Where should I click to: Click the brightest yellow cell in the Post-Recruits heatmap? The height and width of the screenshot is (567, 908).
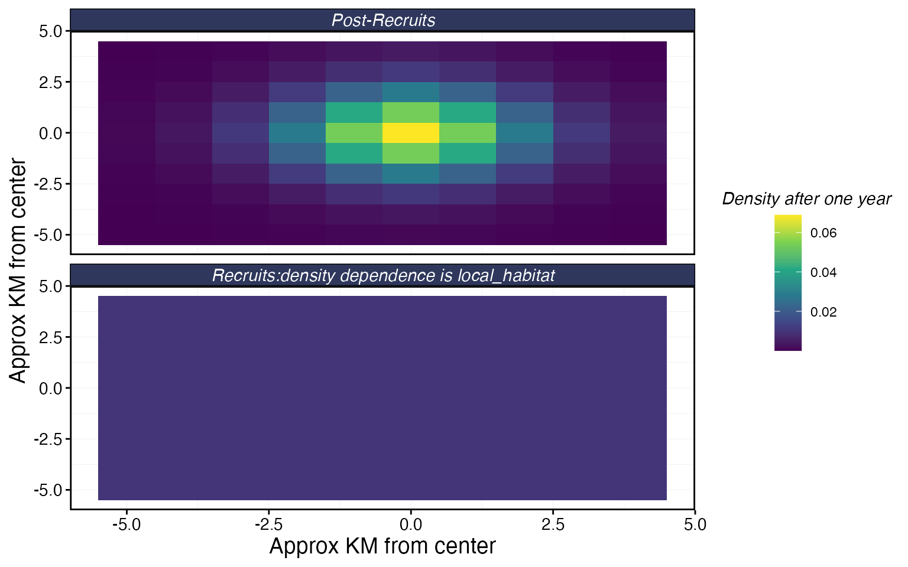pyautogui.click(x=411, y=133)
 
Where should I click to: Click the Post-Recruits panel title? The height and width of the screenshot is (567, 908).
pyautogui.click(x=383, y=21)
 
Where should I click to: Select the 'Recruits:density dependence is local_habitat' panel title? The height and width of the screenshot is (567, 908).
pyautogui.click(x=383, y=276)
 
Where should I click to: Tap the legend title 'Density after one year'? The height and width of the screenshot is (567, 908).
pyautogui.click(x=806, y=199)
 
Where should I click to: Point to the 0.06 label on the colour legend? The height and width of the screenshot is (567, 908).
pyautogui.click(x=823, y=233)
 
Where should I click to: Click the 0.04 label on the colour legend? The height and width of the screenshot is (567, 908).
pyautogui.click(x=823, y=273)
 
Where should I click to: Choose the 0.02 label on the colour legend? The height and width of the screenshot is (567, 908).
pyautogui.click(x=823, y=312)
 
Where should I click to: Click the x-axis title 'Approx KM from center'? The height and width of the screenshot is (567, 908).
pyautogui.click(x=382, y=546)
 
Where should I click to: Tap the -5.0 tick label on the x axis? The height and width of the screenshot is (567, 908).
pyautogui.click(x=127, y=524)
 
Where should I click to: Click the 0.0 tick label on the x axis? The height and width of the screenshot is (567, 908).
pyautogui.click(x=411, y=524)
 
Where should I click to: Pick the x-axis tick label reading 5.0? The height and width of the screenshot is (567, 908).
pyautogui.click(x=695, y=524)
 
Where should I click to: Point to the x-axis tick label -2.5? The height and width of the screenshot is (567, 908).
pyautogui.click(x=268, y=524)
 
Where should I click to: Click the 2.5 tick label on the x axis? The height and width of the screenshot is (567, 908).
pyautogui.click(x=553, y=524)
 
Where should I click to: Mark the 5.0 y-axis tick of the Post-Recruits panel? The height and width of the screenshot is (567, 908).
pyautogui.click(x=50, y=31)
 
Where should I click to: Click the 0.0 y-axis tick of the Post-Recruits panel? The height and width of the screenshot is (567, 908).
pyautogui.click(x=50, y=133)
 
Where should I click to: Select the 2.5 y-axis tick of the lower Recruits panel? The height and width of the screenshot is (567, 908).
pyautogui.click(x=50, y=337)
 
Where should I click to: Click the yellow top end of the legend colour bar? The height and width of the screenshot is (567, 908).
pyautogui.click(x=787, y=218)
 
